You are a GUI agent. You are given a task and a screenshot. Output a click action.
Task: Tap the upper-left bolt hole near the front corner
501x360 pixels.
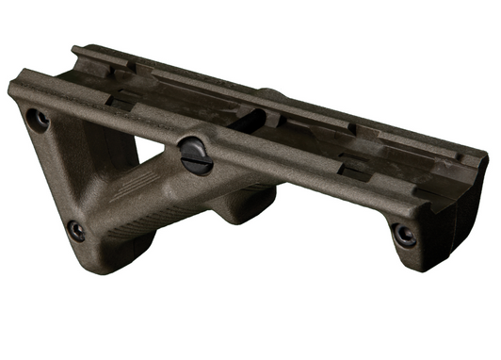pyautogui.click(x=38, y=120)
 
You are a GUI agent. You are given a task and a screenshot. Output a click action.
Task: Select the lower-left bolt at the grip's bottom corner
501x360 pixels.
pyautogui.click(x=75, y=230)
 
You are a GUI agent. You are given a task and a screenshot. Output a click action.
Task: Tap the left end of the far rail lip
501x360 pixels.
pyautogui.click(x=78, y=53)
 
